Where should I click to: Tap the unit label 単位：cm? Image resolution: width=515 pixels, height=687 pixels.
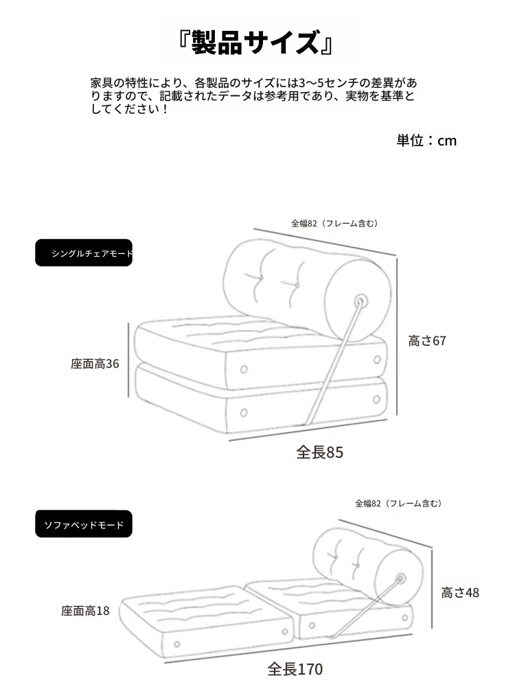point(426,141)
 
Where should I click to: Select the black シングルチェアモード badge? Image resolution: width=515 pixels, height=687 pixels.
point(84,253)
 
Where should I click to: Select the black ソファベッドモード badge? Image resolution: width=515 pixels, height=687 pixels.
point(84,524)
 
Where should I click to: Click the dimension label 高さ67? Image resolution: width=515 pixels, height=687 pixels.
point(427,341)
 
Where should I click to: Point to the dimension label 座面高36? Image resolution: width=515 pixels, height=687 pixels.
point(95,364)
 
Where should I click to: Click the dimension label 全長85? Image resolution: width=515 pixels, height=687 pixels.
point(319,452)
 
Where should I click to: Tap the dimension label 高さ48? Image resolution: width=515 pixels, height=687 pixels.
point(460,593)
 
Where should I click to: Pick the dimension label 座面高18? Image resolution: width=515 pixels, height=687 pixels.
point(85,611)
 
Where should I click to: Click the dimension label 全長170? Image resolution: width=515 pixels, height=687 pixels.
point(295,669)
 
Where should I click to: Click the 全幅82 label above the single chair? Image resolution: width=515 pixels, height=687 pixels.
point(334,224)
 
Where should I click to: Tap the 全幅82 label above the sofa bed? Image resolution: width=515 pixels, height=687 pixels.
point(398,504)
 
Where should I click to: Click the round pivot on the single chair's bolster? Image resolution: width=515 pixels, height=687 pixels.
point(360,301)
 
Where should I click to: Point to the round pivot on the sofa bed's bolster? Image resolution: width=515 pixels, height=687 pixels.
point(400,579)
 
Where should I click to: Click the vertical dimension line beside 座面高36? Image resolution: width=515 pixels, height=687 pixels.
point(128,360)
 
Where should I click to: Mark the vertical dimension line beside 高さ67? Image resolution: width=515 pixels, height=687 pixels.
point(397,336)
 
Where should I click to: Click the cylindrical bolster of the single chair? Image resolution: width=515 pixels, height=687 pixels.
point(307,289)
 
